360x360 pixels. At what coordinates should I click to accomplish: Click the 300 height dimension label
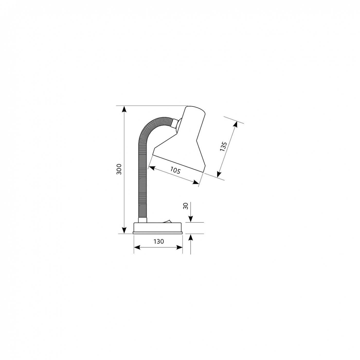coord(119,169)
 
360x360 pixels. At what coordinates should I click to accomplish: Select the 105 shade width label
coord(175,170)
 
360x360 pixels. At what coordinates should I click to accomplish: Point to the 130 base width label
coord(159,241)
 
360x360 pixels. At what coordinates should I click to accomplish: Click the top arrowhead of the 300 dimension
coord(124,109)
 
